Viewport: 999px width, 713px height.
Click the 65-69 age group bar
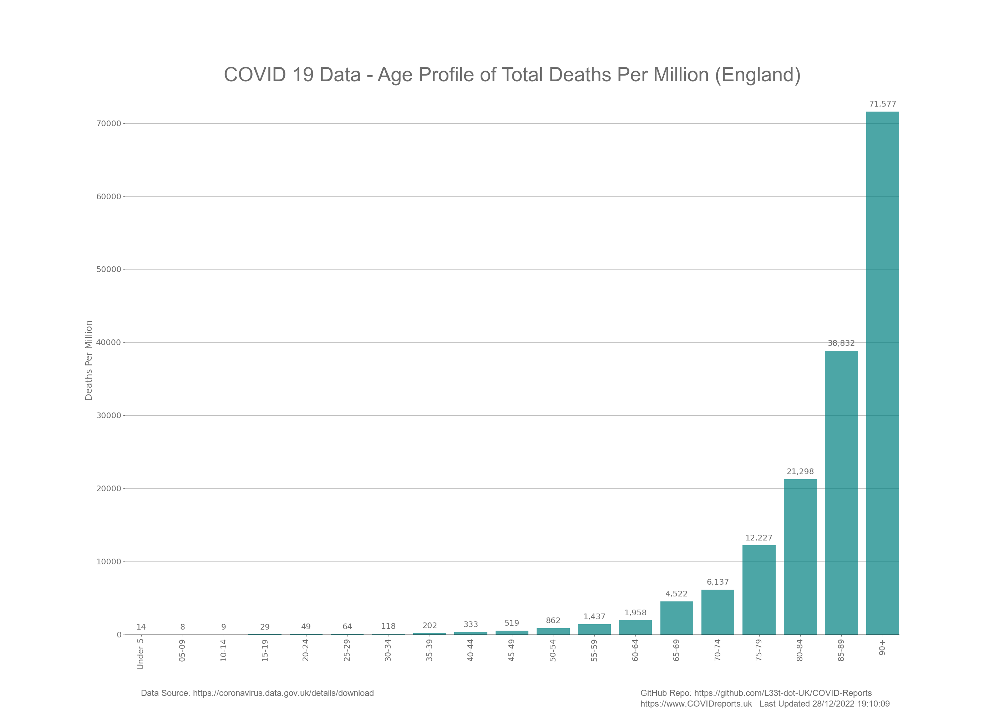point(676,618)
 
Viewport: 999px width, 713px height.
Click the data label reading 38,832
point(841,343)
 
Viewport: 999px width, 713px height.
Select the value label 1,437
point(594,617)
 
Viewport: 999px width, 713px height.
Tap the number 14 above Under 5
point(141,627)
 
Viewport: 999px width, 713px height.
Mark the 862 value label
point(553,621)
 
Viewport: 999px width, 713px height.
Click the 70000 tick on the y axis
point(108,124)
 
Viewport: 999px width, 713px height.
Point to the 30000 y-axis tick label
point(108,416)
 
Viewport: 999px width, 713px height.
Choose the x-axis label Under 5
point(141,654)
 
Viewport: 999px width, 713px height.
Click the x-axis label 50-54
point(553,650)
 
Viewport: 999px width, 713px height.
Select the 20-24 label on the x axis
point(306,650)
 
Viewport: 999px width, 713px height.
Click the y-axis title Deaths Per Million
point(89,360)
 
